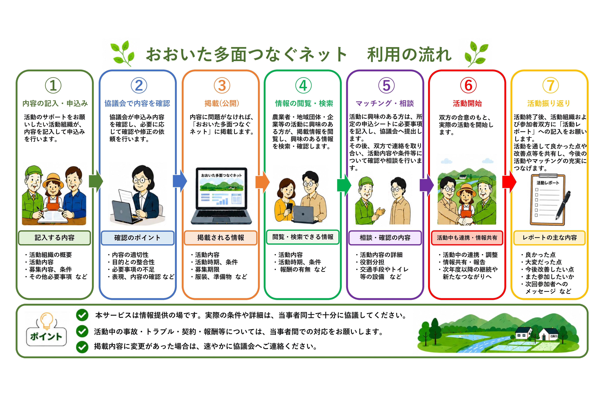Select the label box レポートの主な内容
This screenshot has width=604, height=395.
tap(549, 238)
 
